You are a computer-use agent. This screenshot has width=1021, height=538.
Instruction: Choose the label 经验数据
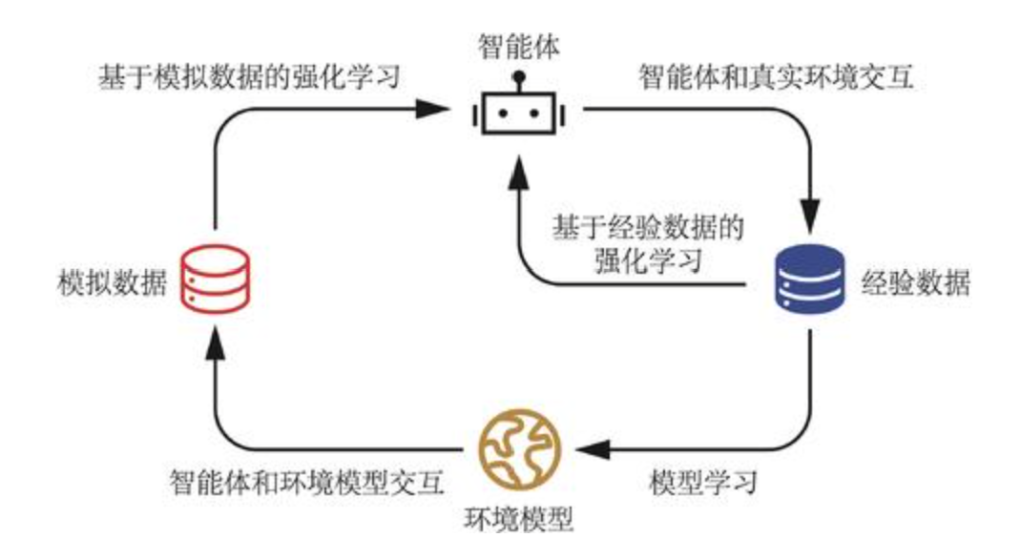[917, 281]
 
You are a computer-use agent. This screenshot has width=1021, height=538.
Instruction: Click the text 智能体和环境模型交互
[306, 482]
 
